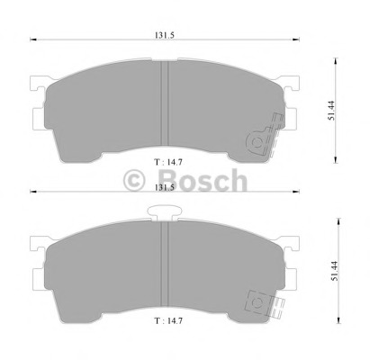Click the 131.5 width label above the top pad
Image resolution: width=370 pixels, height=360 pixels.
pos(165,35)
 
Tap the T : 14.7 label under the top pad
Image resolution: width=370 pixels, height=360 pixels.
pos(168,162)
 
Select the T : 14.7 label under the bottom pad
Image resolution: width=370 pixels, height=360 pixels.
pos(168,320)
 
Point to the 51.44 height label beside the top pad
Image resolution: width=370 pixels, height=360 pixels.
pos(331,111)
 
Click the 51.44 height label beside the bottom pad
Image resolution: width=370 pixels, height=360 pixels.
pos(335,271)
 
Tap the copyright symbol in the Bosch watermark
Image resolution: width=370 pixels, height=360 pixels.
pos(134,181)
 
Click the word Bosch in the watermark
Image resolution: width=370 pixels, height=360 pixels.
pos(203,180)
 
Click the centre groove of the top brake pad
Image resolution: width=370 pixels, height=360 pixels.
pos(165,103)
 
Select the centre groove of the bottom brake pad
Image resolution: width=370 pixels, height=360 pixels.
pos(165,264)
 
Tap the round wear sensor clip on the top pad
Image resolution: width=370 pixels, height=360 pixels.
pos(257,142)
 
